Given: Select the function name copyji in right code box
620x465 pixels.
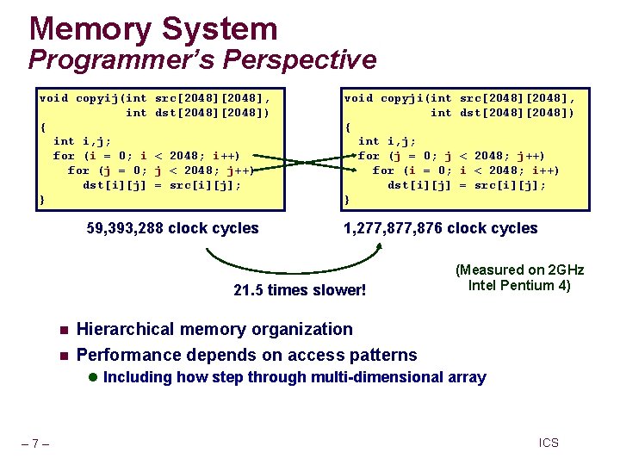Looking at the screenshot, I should pyautogui.click(x=402, y=98).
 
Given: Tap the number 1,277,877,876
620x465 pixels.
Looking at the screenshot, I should pyautogui.click(x=392, y=228).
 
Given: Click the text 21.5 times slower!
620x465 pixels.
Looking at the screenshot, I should pyautogui.click(x=300, y=290).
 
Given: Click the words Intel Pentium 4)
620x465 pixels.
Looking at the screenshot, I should pyautogui.click(x=519, y=286).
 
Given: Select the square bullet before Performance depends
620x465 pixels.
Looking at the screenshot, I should pyautogui.click(x=62, y=356).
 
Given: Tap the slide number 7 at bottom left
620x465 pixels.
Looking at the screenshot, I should pyautogui.click(x=34, y=443).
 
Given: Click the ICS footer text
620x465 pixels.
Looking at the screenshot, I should pyautogui.click(x=549, y=443).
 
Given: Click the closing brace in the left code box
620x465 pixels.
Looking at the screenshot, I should pyautogui.click(x=42, y=200).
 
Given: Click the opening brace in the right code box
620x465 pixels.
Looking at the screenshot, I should pyautogui.click(x=348, y=127).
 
